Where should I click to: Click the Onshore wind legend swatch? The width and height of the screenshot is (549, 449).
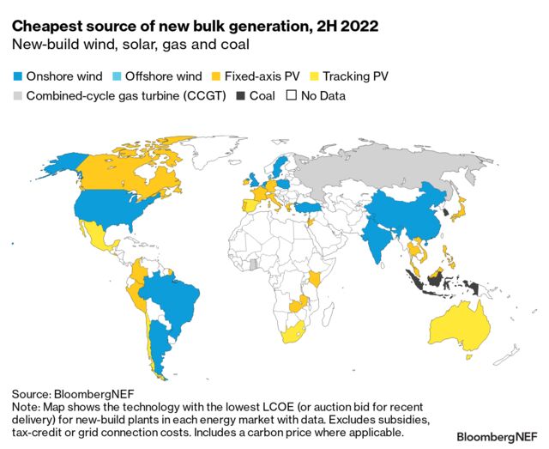(18, 75)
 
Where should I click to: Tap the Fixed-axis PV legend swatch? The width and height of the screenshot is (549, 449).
(220, 75)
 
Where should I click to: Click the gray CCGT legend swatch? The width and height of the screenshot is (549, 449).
(18, 95)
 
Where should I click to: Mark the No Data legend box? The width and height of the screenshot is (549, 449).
(291, 95)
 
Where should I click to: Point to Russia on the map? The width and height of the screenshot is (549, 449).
(386, 167)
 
